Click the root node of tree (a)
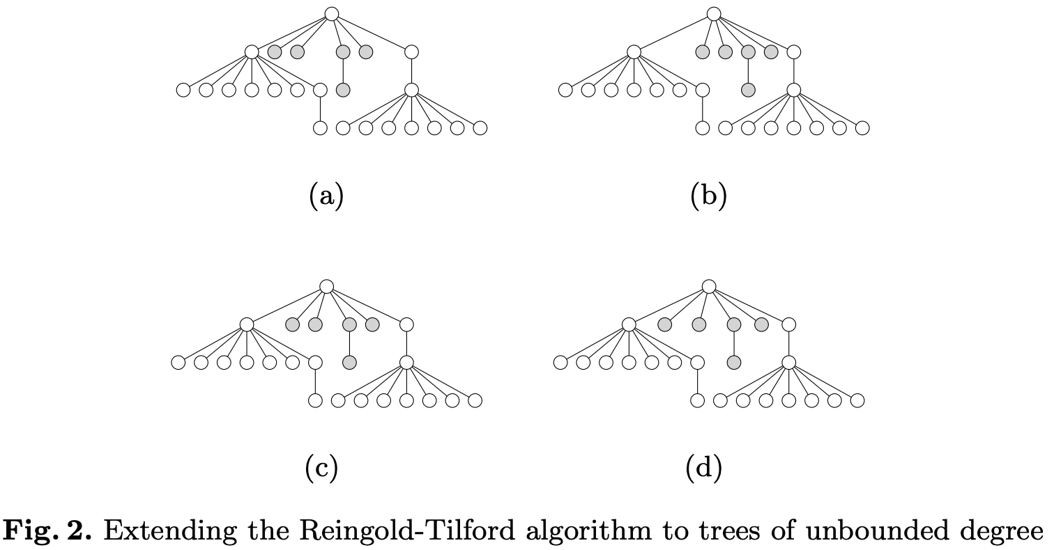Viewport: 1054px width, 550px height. (332, 13)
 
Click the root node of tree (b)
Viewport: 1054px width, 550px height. (713, 13)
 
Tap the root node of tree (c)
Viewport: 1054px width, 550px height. (327, 285)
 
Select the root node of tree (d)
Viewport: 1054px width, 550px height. (709, 285)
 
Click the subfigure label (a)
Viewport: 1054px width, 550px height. (326, 197)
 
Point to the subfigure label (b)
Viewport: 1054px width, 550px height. (708, 197)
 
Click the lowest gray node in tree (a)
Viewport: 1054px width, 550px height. (342, 90)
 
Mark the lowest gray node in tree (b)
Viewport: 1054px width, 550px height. (748, 90)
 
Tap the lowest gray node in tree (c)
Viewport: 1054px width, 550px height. (349, 362)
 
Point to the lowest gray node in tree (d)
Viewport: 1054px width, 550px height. (733, 362)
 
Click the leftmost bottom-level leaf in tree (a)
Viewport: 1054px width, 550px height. (320, 128)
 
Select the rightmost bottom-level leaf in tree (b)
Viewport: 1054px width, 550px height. (862, 128)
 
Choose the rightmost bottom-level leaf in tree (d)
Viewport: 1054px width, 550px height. (857, 400)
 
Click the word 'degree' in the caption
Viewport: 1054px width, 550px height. (1002, 531)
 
